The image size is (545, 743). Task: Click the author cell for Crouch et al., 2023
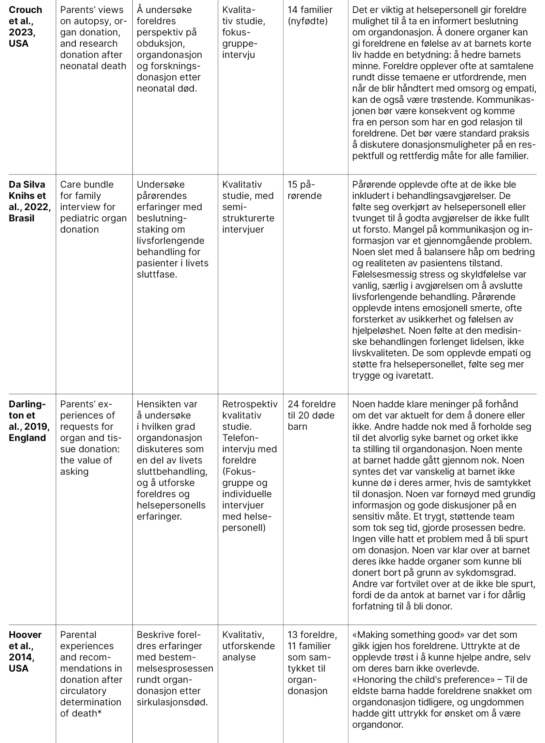click(x=26, y=27)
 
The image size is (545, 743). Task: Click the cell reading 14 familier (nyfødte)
click(x=310, y=15)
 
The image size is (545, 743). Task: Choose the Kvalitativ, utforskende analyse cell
click(x=248, y=646)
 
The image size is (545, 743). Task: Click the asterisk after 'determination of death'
click(x=99, y=713)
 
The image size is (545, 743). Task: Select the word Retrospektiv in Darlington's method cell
click(x=250, y=404)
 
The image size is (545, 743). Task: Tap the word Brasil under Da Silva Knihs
click(x=21, y=218)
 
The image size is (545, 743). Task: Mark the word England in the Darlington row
click(x=27, y=438)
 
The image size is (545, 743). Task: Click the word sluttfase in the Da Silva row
click(x=157, y=274)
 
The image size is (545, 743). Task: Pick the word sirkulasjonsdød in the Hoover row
click(x=172, y=702)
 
